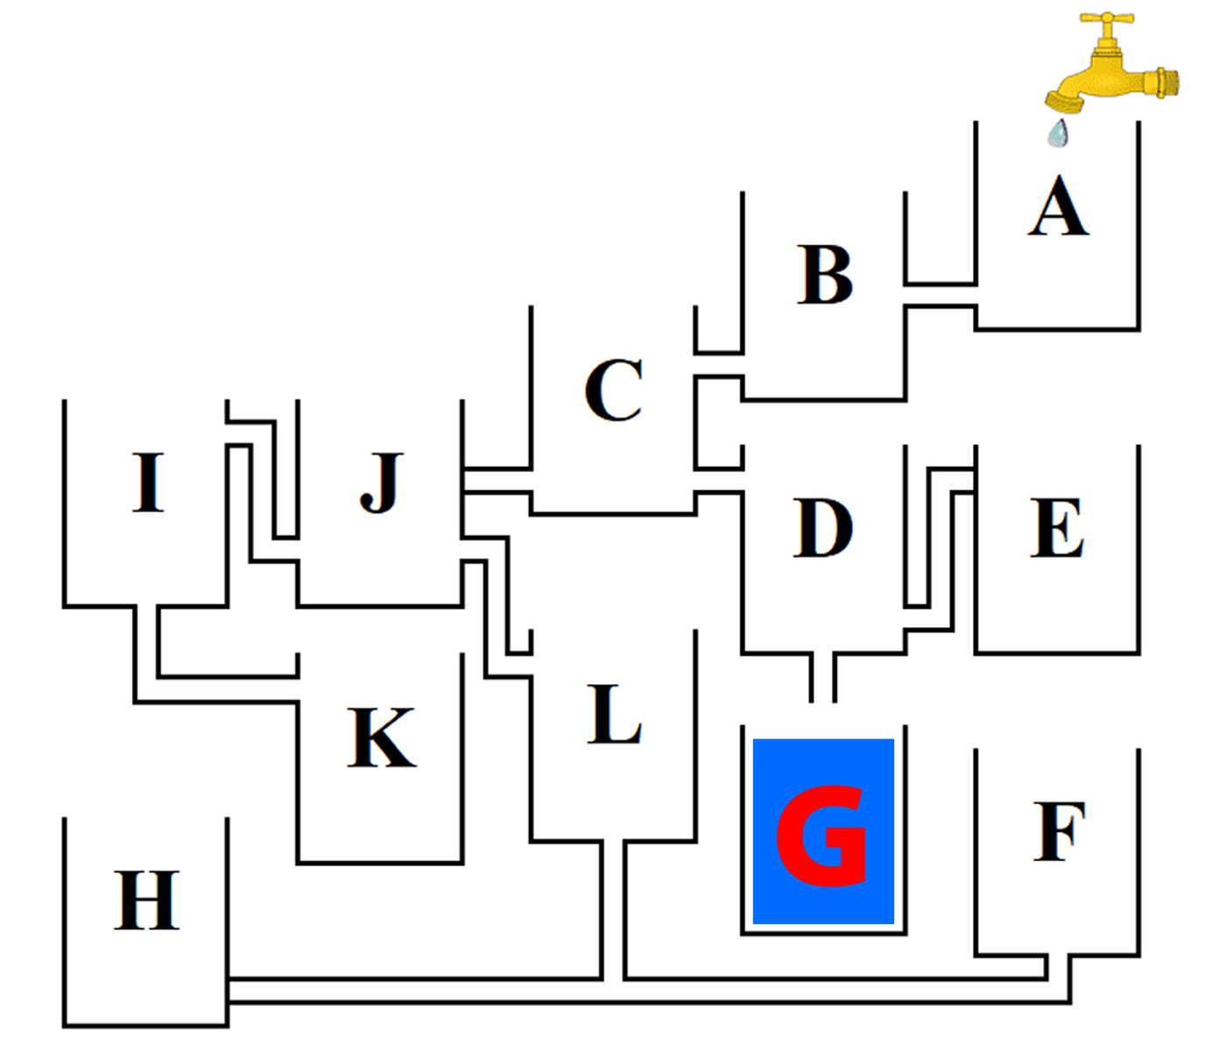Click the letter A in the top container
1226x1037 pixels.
click(1059, 207)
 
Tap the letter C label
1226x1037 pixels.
click(614, 390)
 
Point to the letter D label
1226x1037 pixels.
click(823, 528)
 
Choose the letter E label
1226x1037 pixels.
click(1058, 528)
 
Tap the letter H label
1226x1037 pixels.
click(146, 900)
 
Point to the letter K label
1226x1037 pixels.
click(382, 737)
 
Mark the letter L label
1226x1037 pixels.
click(614, 714)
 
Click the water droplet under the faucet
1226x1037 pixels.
click(1059, 134)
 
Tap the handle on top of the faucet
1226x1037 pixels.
click(1107, 18)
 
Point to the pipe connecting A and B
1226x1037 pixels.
click(941, 295)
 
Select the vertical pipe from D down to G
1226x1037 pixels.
click(822, 677)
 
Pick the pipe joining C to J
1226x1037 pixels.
click(497, 481)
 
